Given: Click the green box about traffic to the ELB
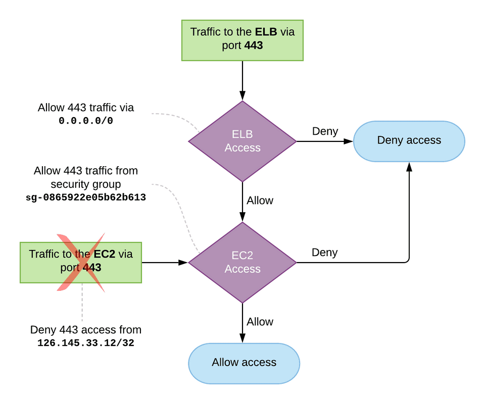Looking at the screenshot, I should point(243,40).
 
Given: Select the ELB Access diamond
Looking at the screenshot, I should point(243,141).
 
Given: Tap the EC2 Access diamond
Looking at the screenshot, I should point(243,263).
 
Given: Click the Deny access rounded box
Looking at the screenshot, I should point(409,141).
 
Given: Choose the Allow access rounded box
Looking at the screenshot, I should point(244,363).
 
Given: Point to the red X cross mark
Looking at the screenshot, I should point(81,262).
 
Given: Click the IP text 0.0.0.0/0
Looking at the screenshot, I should point(85,121).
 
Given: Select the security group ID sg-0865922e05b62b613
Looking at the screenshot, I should point(85,197).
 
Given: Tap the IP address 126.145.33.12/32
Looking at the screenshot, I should point(85,343).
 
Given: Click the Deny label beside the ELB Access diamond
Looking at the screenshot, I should point(325,131).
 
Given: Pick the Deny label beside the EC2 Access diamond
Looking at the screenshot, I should point(324,252).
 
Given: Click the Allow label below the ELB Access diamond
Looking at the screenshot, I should point(260,200).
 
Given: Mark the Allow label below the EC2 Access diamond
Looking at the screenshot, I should point(260,322).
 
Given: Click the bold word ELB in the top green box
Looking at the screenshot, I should point(266,32).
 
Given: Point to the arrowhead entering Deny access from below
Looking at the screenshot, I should point(409,167).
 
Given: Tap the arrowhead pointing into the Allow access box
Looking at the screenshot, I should point(243,338).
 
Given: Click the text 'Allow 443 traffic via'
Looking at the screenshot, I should point(85,108).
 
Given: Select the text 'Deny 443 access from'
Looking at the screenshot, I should point(85,330).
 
